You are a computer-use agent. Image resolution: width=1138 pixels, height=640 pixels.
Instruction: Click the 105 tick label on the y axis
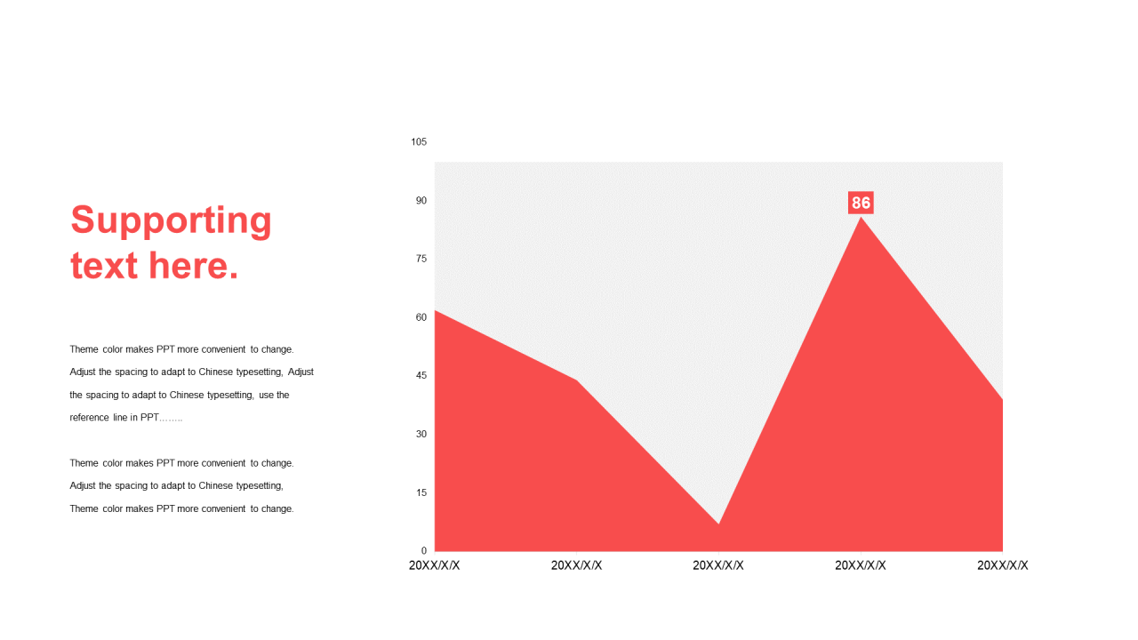(x=419, y=142)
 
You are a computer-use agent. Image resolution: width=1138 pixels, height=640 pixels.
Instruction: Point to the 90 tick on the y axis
(x=421, y=201)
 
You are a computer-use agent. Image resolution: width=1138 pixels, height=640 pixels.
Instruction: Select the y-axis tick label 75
(x=421, y=259)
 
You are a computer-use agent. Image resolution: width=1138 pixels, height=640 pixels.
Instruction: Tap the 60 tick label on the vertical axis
(x=421, y=317)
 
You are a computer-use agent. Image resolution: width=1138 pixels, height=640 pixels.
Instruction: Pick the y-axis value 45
(x=421, y=376)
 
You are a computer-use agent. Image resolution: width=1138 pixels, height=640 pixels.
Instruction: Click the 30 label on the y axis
(x=421, y=435)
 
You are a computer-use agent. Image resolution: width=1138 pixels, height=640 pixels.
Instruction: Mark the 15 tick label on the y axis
(x=421, y=492)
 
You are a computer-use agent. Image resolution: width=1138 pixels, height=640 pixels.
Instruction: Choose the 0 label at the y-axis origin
(x=424, y=550)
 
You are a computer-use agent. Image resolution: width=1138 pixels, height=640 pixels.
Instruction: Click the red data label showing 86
(x=861, y=203)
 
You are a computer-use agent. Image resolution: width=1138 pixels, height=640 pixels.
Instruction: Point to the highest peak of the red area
(x=861, y=218)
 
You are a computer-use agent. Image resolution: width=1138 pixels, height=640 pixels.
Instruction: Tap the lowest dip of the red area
(x=718, y=524)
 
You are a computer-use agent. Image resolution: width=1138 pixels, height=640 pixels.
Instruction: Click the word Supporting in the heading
(x=172, y=221)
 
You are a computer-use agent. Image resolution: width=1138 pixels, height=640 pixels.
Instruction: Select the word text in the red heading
(x=104, y=266)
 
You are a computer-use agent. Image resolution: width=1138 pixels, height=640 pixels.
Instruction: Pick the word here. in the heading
(x=193, y=266)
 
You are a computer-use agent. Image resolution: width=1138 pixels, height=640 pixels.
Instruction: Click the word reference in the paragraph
(x=90, y=418)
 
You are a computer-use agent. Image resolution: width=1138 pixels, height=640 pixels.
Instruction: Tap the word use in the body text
(x=266, y=396)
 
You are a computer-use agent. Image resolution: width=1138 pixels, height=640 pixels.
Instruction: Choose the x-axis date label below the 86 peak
(x=861, y=565)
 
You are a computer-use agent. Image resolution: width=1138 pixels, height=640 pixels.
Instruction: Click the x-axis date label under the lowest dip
(x=718, y=565)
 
